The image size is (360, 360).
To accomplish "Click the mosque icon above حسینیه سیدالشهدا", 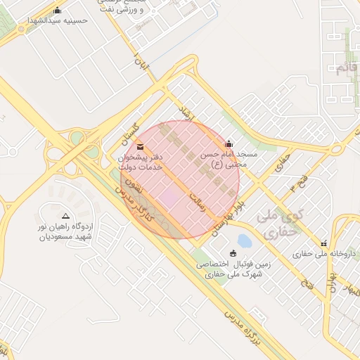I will coord(58,11).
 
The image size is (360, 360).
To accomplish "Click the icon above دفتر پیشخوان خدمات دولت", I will coord(140,146).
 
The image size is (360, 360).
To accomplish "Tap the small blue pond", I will coord(244,241).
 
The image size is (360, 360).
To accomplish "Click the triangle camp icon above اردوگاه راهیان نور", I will coord(65,216).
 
